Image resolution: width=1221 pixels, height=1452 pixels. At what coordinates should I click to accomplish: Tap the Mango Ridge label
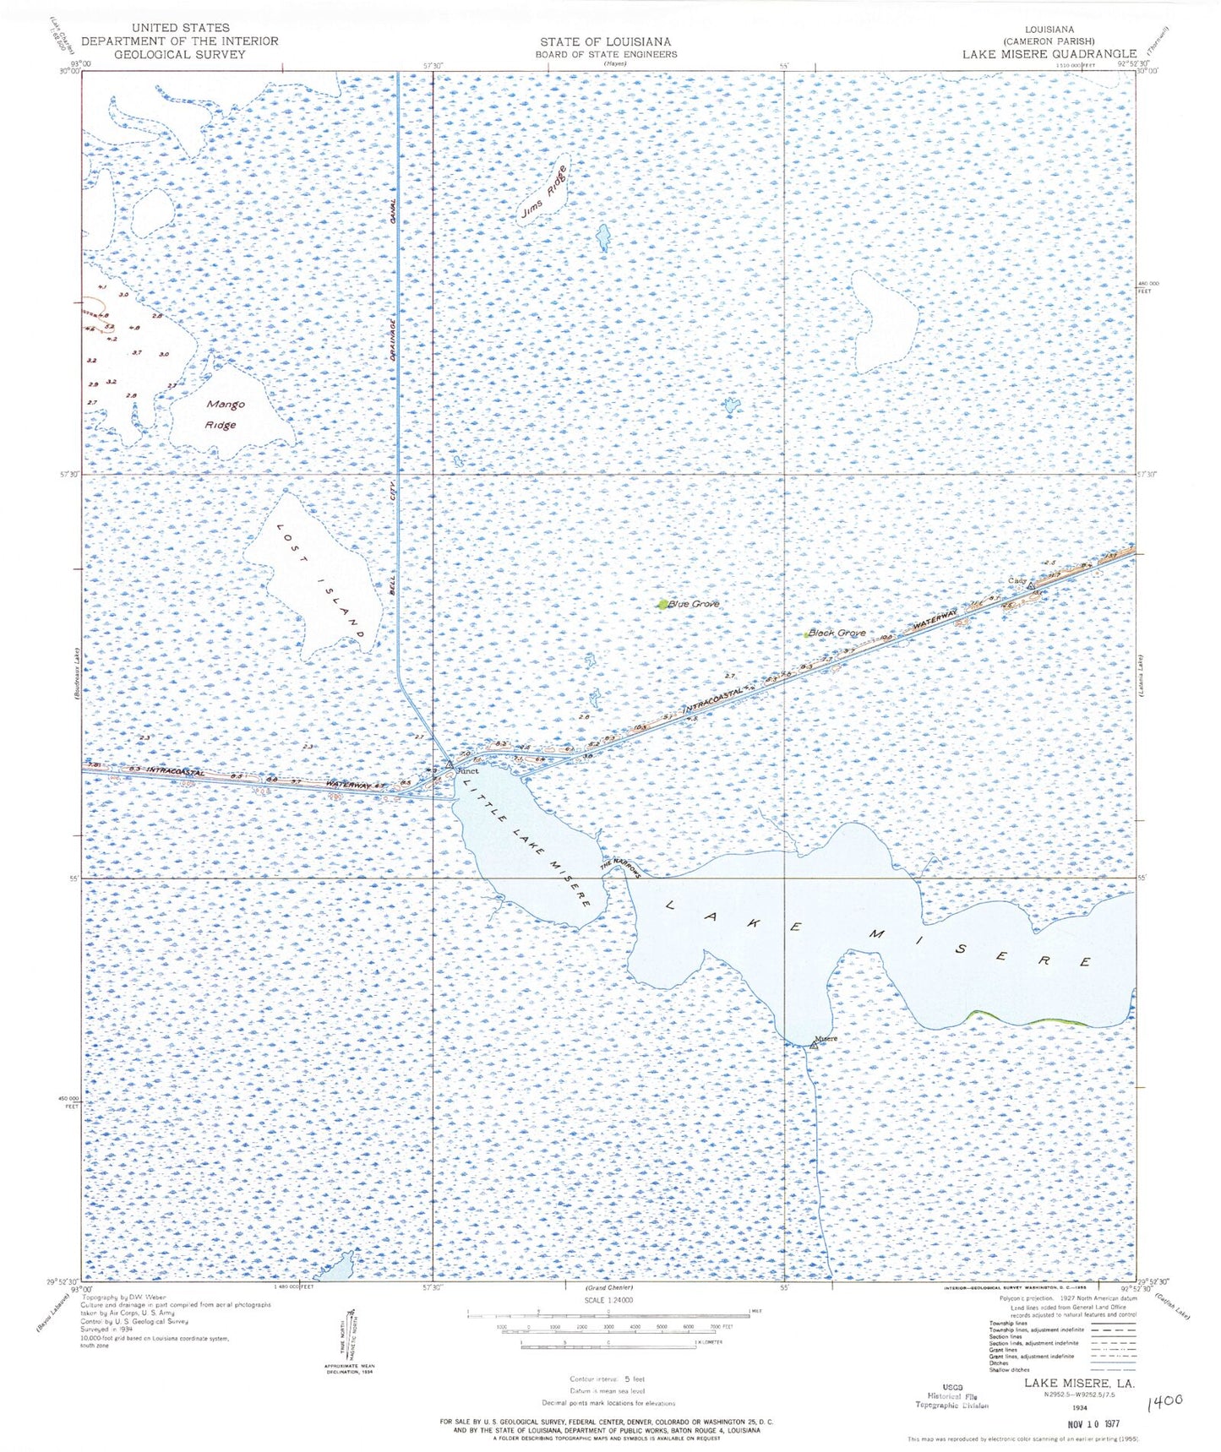225,414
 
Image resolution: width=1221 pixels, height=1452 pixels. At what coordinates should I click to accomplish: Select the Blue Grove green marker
662,604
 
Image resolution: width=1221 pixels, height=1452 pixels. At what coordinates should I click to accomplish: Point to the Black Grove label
837,632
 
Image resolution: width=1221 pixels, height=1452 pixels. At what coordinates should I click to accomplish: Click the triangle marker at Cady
1031,585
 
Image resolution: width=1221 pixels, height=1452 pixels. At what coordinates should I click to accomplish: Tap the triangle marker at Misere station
813,1046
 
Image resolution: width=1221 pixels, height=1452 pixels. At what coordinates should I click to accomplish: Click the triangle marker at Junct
450,764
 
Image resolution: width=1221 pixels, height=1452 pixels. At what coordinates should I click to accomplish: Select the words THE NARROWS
621,868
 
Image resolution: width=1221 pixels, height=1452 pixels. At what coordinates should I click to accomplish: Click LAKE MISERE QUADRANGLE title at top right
1049,53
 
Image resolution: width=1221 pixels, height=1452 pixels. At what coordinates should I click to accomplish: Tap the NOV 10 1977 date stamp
1093,1423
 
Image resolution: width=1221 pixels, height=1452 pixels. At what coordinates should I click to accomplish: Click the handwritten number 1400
1167,1402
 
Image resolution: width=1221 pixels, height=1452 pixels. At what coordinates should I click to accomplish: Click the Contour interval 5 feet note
607,1379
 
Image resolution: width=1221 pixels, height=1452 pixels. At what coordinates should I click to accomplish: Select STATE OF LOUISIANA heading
606,41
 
